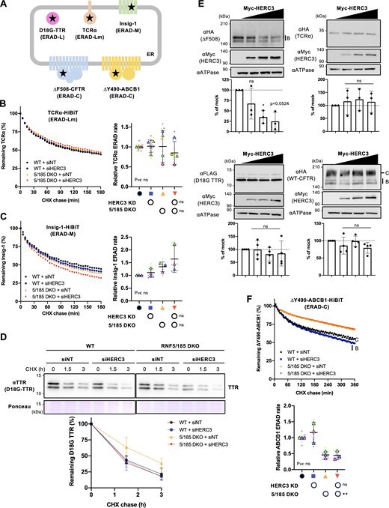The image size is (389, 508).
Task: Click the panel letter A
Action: (5, 5)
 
